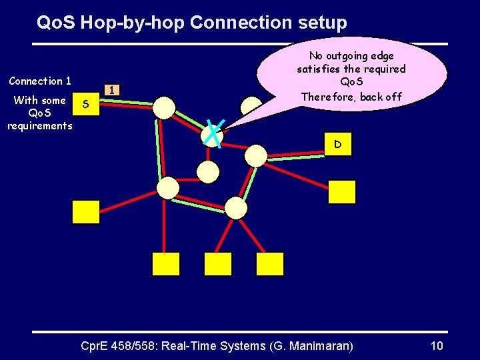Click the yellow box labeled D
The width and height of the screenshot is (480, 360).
(338, 144)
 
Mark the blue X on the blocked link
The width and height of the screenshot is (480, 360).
(215, 133)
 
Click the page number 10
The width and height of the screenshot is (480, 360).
(437, 346)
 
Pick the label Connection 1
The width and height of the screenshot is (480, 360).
(40, 81)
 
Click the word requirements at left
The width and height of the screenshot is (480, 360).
(40, 125)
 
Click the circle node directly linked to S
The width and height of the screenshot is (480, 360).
(164, 107)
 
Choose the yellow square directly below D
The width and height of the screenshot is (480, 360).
(342, 192)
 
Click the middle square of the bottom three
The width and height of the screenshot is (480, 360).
(217, 264)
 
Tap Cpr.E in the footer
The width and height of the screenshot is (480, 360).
(95, 346)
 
